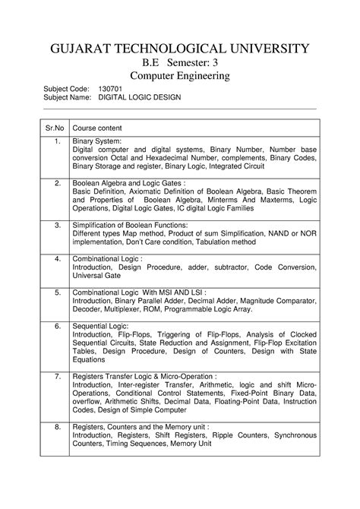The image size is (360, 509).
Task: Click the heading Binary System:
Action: tap(96, 141)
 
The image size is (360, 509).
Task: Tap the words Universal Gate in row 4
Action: tap(97, 277)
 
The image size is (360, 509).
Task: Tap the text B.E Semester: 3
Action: tap(180, 64)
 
